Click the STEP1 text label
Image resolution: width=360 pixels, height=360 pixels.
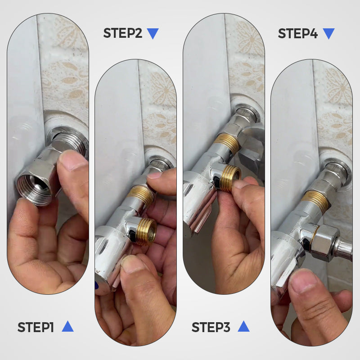click(x=36, y=327)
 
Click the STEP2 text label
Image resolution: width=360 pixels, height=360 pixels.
click(x=122, y=33)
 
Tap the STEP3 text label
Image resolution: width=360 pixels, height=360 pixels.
click(x=211, y=327)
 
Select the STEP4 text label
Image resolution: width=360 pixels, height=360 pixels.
click(x=297, y=33)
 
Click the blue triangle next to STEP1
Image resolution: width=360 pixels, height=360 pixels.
click(x=67, y=327)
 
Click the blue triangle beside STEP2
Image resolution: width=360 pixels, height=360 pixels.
click(x=153, y=33)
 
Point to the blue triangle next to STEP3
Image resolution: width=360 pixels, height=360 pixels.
click(x=243, y=327)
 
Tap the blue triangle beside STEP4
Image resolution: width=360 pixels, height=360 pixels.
click(x=329, y=33)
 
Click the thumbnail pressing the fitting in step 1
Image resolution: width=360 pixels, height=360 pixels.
click(x=71, y=159)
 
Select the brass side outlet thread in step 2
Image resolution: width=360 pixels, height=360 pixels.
click(x=146, y=231)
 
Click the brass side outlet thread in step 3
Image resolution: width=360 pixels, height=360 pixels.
click(x=231, y=177)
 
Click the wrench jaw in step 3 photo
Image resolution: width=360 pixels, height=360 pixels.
click(x=252, y=153)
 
